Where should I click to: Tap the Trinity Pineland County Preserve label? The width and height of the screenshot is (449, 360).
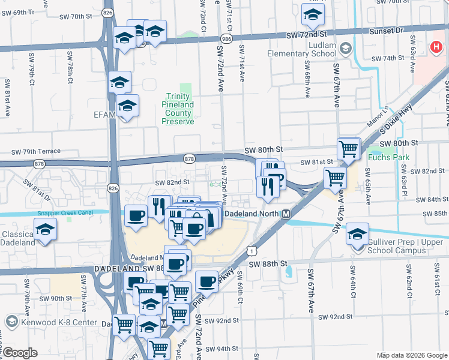click(x=178, y=109)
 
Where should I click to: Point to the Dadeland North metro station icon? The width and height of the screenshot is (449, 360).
click(x=286, y=214)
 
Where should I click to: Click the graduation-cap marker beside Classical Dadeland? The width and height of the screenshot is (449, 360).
click(x=44, y=230)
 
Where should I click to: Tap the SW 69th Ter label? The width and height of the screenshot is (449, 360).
click(x=25, y=12)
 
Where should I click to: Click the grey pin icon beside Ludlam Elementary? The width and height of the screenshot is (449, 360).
click(x=345, y=48)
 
